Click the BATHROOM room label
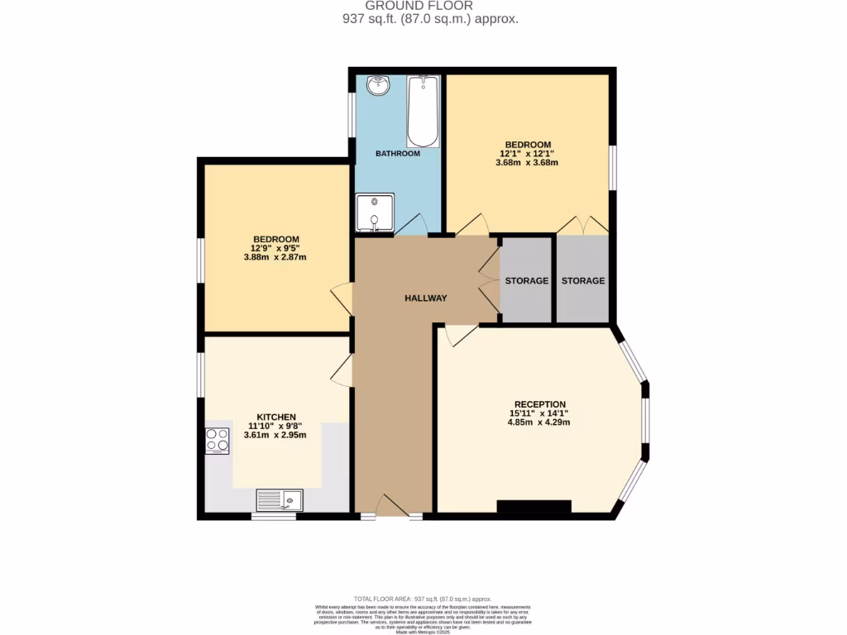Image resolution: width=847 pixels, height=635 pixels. coord(398,154)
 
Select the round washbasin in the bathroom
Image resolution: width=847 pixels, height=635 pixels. coord(379,84)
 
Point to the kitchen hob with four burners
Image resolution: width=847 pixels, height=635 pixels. coord(217,441)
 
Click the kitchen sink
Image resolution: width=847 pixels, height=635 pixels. coord(280,499)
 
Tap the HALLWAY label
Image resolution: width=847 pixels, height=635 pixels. coord(426,298)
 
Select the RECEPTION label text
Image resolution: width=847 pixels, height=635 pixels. coord(538,404)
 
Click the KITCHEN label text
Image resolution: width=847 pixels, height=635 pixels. coord(276,417)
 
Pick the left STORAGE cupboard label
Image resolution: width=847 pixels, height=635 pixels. coord(527,281)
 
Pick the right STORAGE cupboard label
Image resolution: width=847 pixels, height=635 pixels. coord(583,281)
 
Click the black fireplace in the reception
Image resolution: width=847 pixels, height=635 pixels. coord(534,507)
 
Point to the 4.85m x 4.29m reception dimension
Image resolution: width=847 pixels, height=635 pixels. coord(538,423)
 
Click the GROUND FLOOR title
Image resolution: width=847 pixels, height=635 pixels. coord(430,6)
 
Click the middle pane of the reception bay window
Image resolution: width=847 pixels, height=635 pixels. coord(646,423)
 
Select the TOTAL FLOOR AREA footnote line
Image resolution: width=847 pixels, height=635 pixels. coord(423,599)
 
